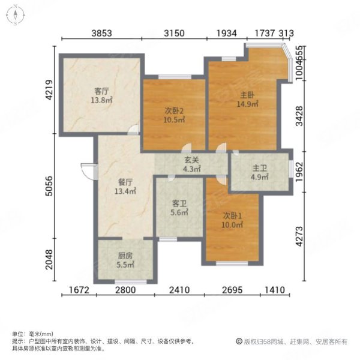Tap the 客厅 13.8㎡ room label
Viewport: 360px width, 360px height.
point(101,96)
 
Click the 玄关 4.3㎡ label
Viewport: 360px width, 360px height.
point(191,165)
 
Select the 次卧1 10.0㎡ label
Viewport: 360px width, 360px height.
point(233,220)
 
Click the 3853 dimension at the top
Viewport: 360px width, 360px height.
point(101,34)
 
